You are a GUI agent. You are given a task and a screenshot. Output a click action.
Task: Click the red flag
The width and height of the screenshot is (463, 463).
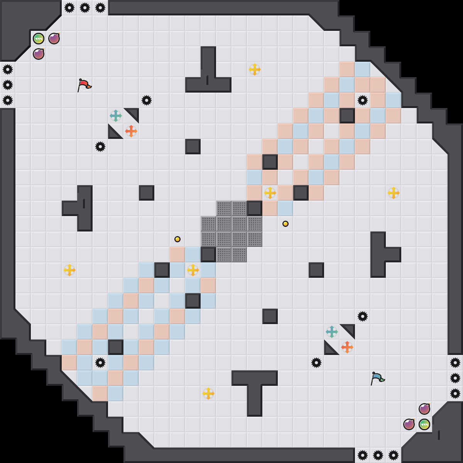click(x=84, y=85)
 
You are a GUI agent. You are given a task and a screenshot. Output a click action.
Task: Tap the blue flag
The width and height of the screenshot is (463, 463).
click(x=377, y=378)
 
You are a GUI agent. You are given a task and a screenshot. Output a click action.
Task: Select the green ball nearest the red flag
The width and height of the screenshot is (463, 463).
click(x=39, y=39)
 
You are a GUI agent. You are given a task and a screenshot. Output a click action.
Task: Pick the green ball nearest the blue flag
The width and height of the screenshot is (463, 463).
click(x=424, y=424)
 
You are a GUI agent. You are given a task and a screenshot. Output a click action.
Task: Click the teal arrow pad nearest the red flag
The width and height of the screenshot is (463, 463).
click(x=116, y=116)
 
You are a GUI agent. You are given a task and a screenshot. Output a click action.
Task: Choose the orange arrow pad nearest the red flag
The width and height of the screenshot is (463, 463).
click(x=131, y=131)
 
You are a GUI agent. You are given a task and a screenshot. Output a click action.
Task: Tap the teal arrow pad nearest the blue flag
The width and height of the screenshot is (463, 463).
click(x=332, y=332)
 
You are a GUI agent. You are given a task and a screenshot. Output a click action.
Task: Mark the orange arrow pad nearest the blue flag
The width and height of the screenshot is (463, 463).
click(x=347, y=347)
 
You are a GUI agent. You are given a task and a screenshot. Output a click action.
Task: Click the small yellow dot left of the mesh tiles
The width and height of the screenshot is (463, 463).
click(x=177, y=239)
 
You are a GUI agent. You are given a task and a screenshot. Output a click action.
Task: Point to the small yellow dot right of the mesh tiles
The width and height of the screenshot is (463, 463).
click(x=286, y=224)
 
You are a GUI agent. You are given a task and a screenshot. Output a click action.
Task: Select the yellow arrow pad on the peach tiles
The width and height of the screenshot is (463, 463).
click(x=270, y=193)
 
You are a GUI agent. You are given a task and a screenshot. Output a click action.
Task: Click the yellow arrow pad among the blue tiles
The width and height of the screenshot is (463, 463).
click(x=193, y=270)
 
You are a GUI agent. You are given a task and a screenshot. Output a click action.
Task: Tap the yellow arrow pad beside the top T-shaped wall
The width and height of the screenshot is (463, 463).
click(x=255, y=69)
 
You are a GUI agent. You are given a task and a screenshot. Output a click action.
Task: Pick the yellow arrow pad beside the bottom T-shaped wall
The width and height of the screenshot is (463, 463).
click(x=208, y=394)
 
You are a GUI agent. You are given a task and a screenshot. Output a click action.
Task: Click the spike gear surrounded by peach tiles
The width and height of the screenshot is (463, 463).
click(x=363, y=100)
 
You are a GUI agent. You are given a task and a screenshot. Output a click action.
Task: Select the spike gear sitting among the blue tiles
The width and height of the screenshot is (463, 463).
click(x=100, y=363)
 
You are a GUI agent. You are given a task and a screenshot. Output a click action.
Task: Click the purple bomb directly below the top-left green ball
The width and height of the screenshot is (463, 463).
click(x=39, y=54)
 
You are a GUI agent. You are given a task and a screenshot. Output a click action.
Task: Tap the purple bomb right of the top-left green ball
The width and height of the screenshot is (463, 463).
click(x=54, y=39)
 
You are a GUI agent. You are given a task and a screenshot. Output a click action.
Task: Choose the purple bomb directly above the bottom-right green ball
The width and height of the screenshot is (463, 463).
click(x=424, y=409)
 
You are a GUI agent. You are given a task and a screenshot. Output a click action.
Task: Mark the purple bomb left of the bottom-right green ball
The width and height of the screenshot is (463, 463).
click(x=409, y=424)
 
